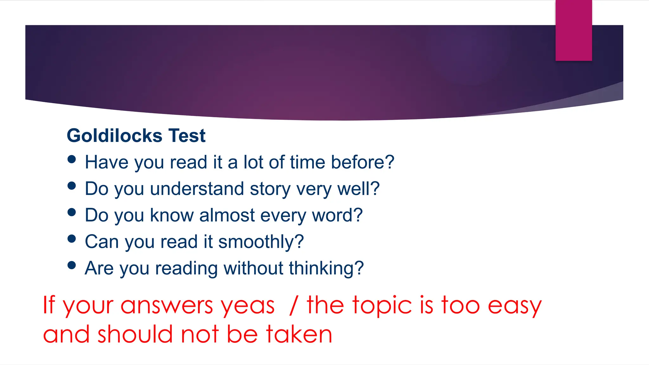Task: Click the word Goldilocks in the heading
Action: [x=115, y=136]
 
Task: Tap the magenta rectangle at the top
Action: [x=574, y=30]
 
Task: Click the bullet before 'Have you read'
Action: [x=72, y=159]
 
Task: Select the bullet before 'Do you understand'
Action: [x=72, y=186]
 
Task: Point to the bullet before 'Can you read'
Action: [x=72, y=239]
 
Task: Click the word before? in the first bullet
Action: [x=363, y=162]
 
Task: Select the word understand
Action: [x=197, y=189]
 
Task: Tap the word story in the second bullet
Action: [x=270, y=189]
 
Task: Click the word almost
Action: [x=227, y=215]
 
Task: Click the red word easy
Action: [x=515, y=306]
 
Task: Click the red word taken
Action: [x=299, y=334]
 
